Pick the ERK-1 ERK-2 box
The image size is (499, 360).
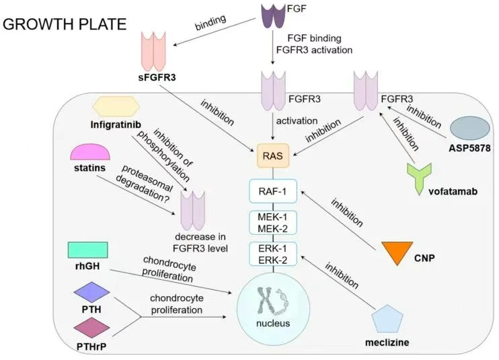point(272,253)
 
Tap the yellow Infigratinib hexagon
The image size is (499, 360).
point(116,106)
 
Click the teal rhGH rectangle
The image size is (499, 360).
point(88,250)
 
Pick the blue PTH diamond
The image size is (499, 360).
point(90,293)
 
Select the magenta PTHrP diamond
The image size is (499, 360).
point(90,327)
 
